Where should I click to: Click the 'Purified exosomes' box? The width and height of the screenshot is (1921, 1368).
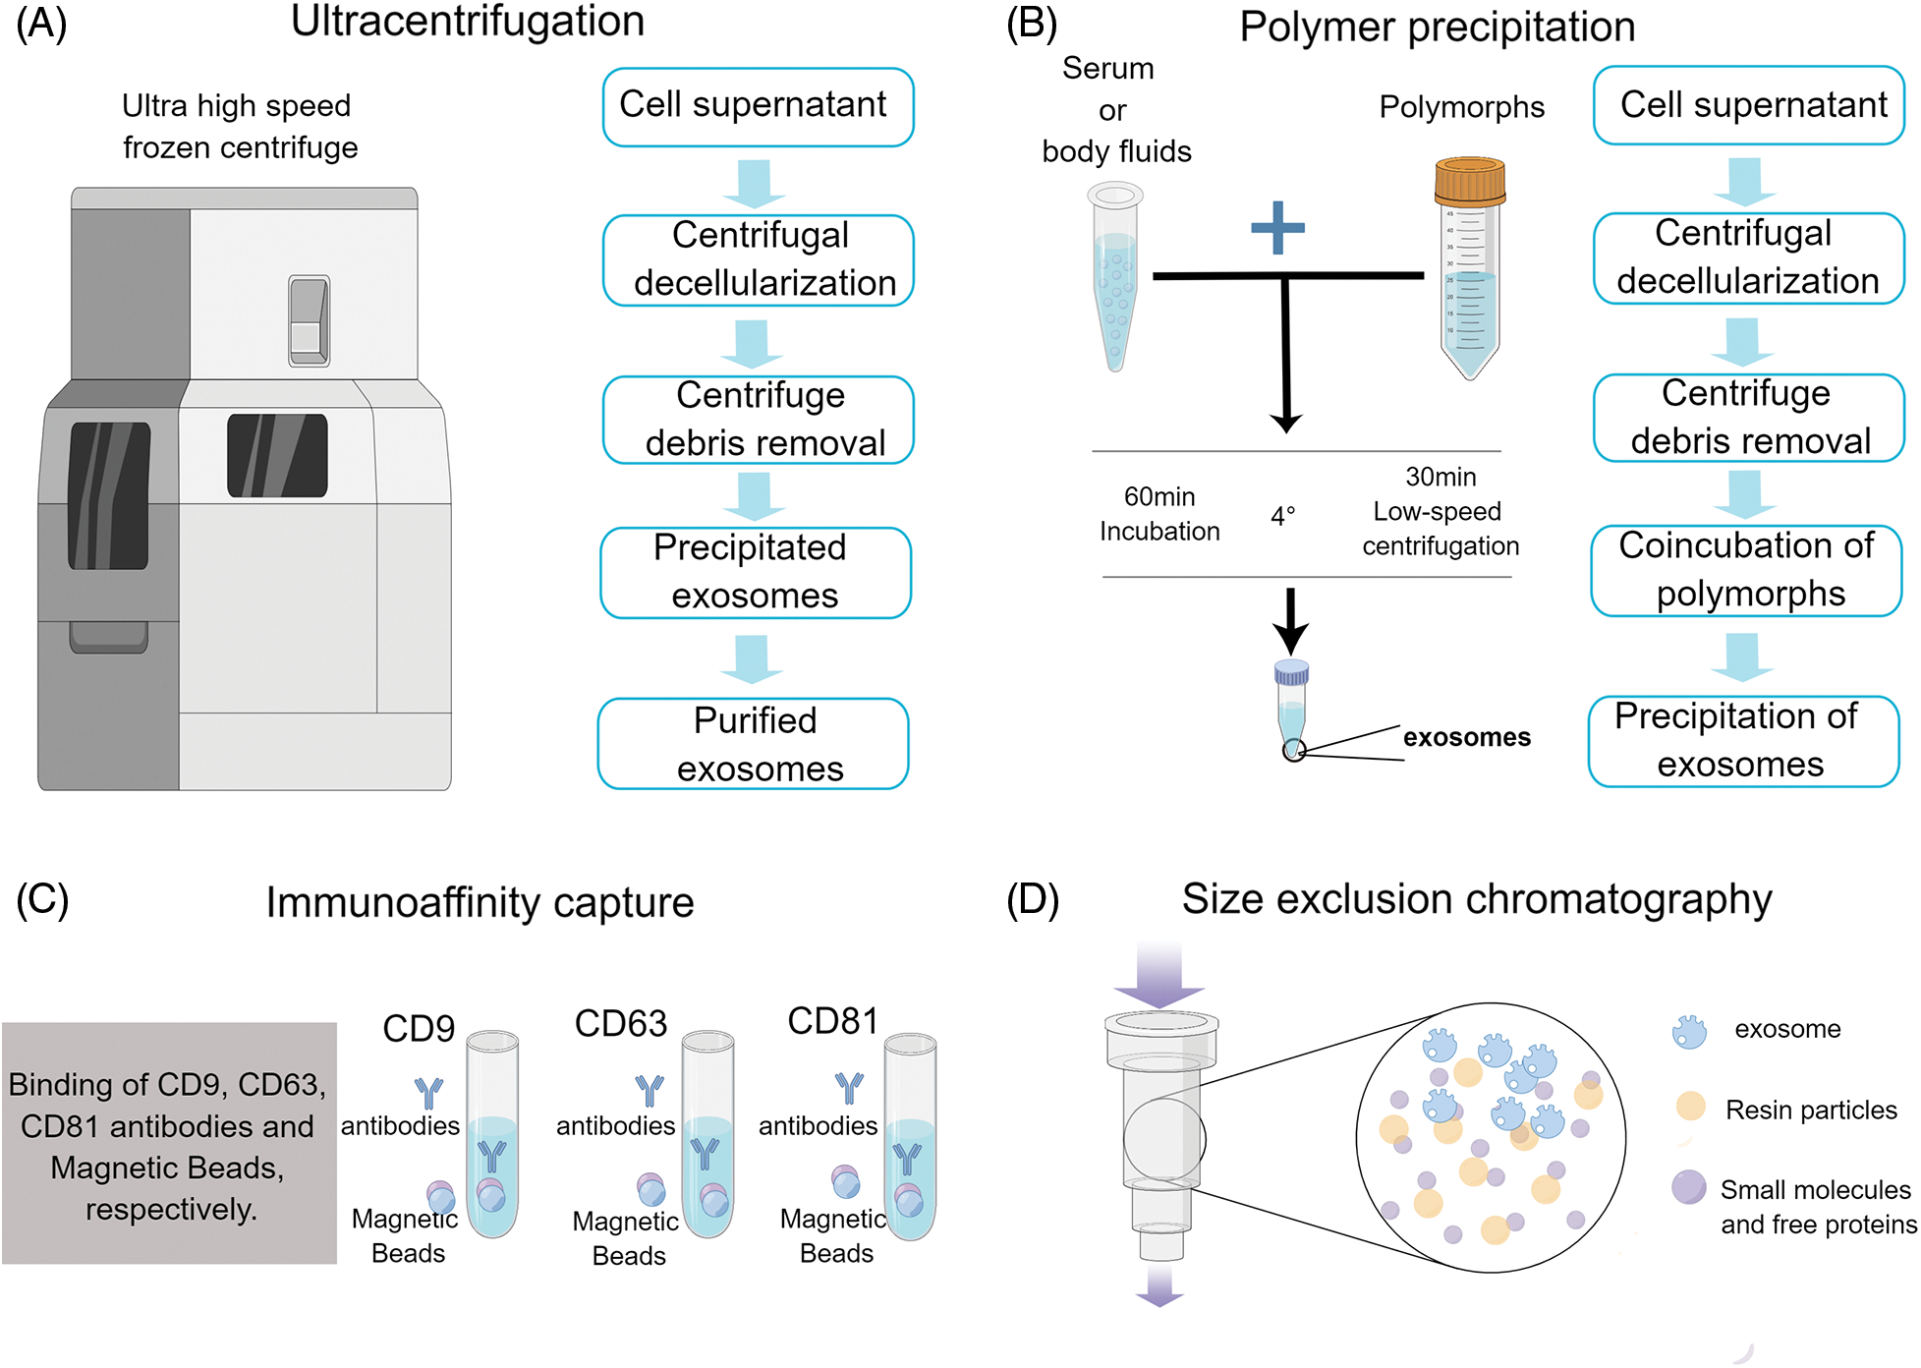(754, 744)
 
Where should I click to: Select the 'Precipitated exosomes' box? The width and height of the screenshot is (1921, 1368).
(756, 572)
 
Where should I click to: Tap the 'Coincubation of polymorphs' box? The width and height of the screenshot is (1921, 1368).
(1747, 570)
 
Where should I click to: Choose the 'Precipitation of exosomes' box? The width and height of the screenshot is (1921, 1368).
(1743, 741)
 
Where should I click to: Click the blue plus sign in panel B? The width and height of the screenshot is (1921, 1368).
(1277, 228)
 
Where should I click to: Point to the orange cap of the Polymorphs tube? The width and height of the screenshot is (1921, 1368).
(1470, 180)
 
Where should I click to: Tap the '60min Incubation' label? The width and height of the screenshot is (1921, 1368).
(1159, 514)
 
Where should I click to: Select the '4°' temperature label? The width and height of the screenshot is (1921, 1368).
(1283, 516)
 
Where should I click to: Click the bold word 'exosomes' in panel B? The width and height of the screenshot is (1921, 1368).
(1466, 737)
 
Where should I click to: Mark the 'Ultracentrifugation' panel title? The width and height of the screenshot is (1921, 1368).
(468, 22)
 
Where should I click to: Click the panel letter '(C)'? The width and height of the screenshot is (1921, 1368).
(42, 899)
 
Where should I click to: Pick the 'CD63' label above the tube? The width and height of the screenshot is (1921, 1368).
(620, 1023)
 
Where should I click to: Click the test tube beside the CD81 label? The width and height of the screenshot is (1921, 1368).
(910, 1135)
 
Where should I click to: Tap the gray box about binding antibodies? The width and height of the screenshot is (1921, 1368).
(169, 1143)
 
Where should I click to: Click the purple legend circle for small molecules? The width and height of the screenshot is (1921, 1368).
(1688, 1187)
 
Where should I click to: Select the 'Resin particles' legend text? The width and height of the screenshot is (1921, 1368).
(1811, 1110)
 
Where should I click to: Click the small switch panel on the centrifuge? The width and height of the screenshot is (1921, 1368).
(309, 321)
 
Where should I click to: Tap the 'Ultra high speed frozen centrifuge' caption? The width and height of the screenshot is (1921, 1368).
(239, 126)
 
